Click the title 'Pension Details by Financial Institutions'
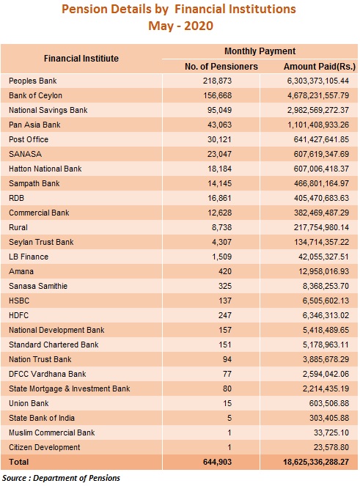179,9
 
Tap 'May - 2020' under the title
181,26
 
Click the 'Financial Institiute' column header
81,58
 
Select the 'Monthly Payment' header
260,51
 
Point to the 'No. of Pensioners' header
221,66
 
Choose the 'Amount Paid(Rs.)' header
320,66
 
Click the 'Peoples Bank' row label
32,81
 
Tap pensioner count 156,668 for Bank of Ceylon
217,95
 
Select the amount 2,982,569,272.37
317,110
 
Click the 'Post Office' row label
29,139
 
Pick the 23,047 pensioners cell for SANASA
219,154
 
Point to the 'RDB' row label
16,198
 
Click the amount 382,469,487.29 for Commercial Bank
321,213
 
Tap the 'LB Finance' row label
29,257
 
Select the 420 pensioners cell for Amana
225,271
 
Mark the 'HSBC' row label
19,301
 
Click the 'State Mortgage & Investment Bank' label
70,389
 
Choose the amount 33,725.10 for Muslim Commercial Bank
331,432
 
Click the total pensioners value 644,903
217,462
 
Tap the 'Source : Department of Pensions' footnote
61,478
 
